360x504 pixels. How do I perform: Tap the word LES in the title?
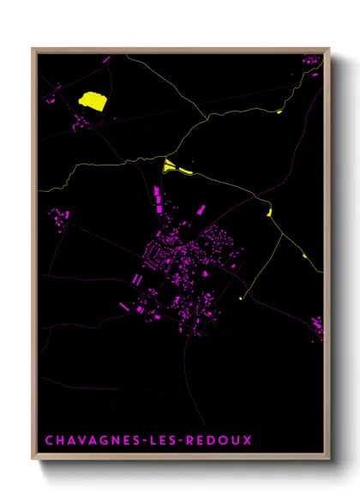click(x=170, y=441)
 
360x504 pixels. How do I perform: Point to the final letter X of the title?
click(x=248, y=441)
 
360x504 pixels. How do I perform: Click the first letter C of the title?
click(x=49, y=441)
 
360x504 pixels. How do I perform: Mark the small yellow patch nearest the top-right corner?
click(x=279, y=111)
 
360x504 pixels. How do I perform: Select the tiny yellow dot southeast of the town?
click(x=241, y=298)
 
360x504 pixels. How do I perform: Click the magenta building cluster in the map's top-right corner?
click(x=313, y=61)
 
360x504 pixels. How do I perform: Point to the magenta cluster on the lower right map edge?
click(x=317, y=326)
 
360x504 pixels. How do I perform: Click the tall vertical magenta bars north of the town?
click(x=158, y=199)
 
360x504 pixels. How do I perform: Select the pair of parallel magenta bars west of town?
click(x=136, y=279)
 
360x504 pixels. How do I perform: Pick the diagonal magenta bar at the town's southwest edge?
click(x=124, y=305)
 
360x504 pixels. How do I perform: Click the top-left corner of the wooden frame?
click(x=33, y=49)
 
